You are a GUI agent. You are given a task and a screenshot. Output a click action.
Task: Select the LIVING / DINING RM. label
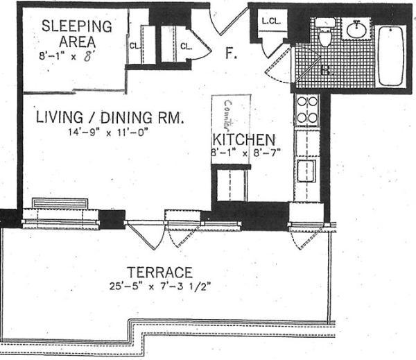pyautogui.click(x=110, y=118)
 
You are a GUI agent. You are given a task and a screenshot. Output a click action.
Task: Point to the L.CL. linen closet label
pyautogui.click(x=271, y=22)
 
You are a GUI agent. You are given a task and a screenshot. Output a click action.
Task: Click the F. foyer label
pyautogui.click(x=231, y=53)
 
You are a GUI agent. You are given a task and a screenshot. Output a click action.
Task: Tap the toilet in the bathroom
pyautogui.click(x=324, y=33)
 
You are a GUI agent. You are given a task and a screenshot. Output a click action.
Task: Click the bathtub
pyautogui.click(x=392, y=55)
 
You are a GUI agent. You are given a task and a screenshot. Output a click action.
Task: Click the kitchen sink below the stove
pyautogui.click(x=306, y=169)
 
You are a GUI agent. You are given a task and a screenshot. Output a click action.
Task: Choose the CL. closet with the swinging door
pyautogui.click(x=186, y=47)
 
